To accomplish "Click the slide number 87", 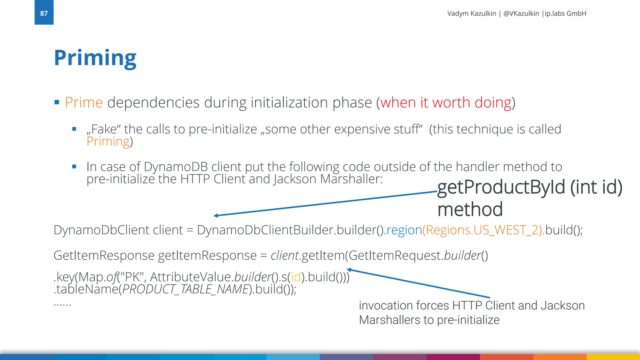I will click(x=44, y=13).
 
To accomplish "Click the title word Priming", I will click(x=95, y=58).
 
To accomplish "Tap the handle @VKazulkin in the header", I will click(x=521, y=13).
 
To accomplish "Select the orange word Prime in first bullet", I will click(x=84, y=102).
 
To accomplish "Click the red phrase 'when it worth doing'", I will click(x=446, y=102).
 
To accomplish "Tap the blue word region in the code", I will click(x=404, y=230).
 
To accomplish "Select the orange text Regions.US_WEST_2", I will click(x=483, y=230).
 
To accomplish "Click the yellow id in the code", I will click(x=296, y=277).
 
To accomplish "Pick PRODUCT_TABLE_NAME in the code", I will click(x=185, y=289).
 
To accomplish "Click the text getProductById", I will click(x=501, y=187).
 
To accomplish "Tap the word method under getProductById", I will click(x=470, y=209).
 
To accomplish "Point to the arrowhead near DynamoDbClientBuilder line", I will click(x=216, y=215).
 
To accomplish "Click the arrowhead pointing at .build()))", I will click(x=349, y=269).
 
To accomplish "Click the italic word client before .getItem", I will click(x=284, y=256).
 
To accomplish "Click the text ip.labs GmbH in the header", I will click(x=565, y=13).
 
